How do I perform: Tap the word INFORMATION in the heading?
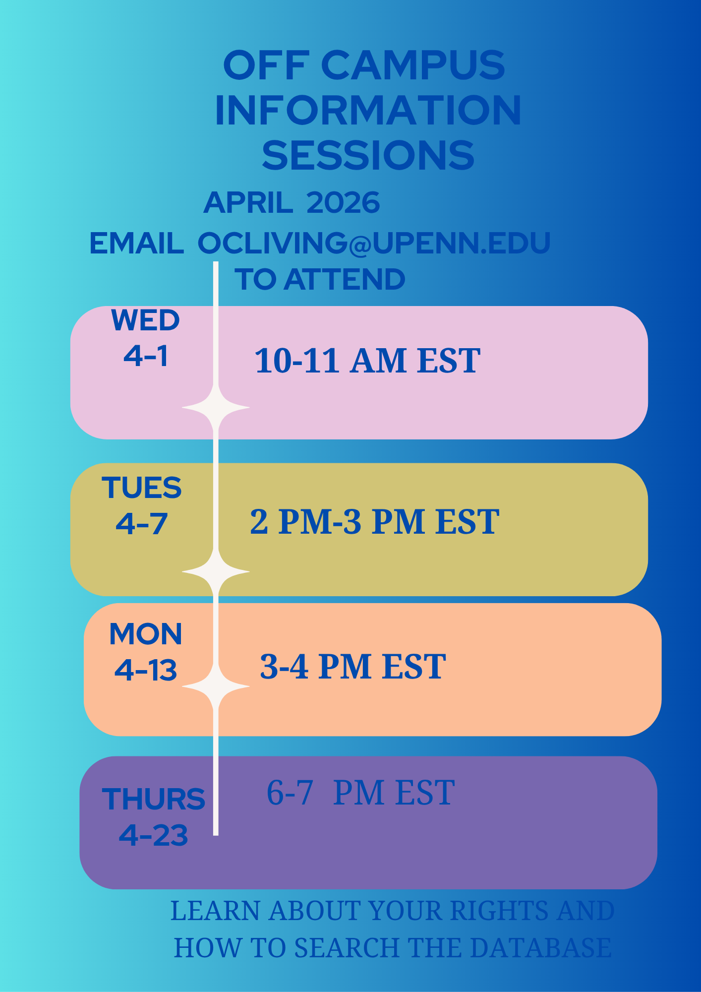click(x=368, y=110)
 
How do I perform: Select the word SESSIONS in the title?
click(x=368, y=155)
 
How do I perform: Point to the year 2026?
click(x=343, y=203)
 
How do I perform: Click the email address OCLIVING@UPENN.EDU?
click(x=374, y=243)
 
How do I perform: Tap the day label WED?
click(x=145, y=320)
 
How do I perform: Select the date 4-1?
click(x=146, y=356)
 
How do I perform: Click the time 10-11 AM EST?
click(x=367, y=361)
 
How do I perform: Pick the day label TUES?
click(x=142, y=488)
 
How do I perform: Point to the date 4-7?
click(x=142, y=524)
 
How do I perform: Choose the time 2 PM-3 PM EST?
click(x=374, y=522)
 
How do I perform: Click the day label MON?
click(x=146, y=634)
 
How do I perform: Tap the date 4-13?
click(x=146, y=671)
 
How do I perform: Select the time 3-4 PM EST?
click(x=352, y=667)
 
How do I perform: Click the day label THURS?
click(x=154, y=799)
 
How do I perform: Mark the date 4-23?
click(x=154, y=835)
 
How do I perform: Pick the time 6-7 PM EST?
click(x=360, y=793)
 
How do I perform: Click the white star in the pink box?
click(x=216, y=408)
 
